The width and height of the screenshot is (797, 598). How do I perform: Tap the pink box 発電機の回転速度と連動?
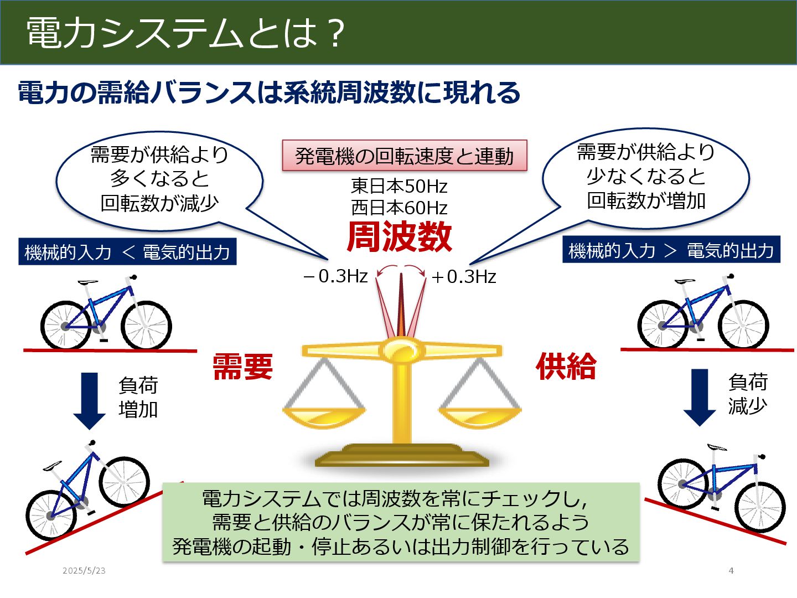[404, 156]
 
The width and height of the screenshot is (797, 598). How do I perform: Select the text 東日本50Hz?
[399, 186]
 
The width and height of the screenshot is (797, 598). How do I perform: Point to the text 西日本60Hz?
[399, 208]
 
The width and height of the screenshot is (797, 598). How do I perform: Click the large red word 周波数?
[399, 237]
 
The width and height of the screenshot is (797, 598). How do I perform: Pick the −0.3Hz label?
[336, 276]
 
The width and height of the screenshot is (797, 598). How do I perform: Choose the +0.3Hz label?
[463, 276]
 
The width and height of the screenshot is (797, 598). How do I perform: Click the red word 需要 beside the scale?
[243, 367]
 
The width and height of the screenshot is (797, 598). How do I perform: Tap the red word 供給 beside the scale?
[566, 366]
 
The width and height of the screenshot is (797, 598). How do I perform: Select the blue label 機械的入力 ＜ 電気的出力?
[127, 252]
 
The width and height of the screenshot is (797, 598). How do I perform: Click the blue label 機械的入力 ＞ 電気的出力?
[671, 250]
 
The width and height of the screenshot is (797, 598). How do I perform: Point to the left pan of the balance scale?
[324, 416]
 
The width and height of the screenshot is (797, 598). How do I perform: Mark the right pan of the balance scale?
[480, 416]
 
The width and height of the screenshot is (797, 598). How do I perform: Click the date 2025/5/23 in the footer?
[84, 570]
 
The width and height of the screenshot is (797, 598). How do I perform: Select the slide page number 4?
[731, 570]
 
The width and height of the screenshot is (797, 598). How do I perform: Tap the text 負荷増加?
[138, 397]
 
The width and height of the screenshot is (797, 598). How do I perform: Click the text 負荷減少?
[748, 394]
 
